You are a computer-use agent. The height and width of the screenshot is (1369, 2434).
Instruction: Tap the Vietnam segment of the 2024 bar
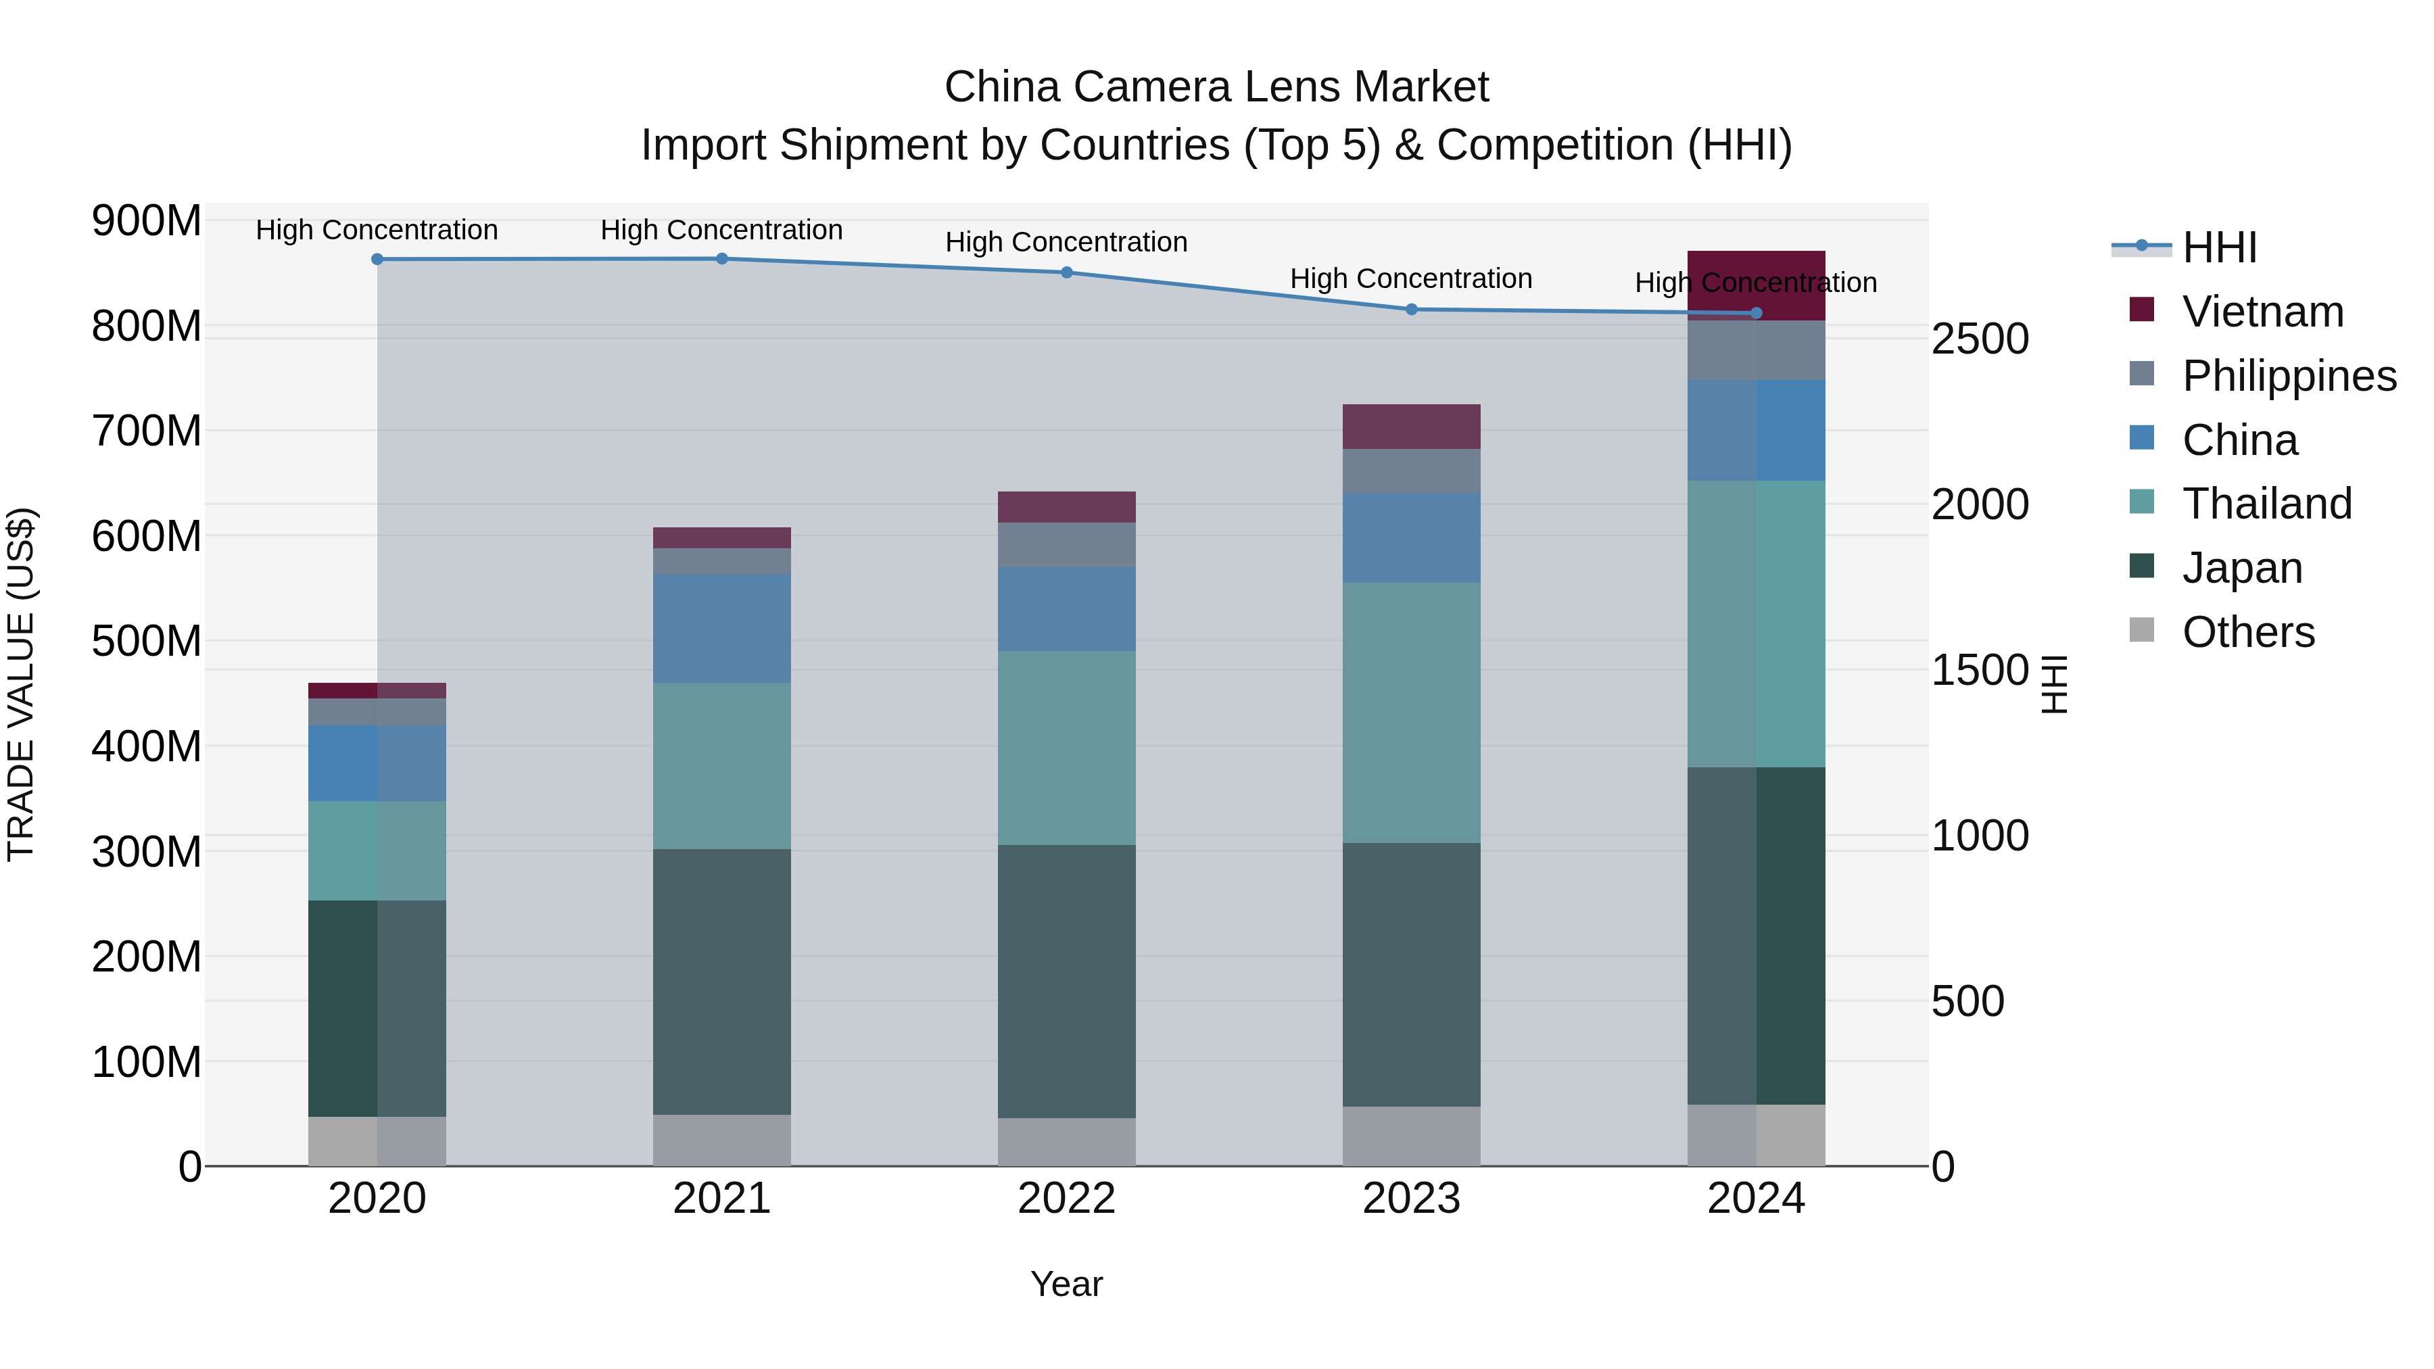(1756, 285)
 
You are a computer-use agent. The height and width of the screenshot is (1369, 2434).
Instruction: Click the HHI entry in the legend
(2218, 247)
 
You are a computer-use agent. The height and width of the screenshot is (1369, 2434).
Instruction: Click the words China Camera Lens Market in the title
(1216, 87)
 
